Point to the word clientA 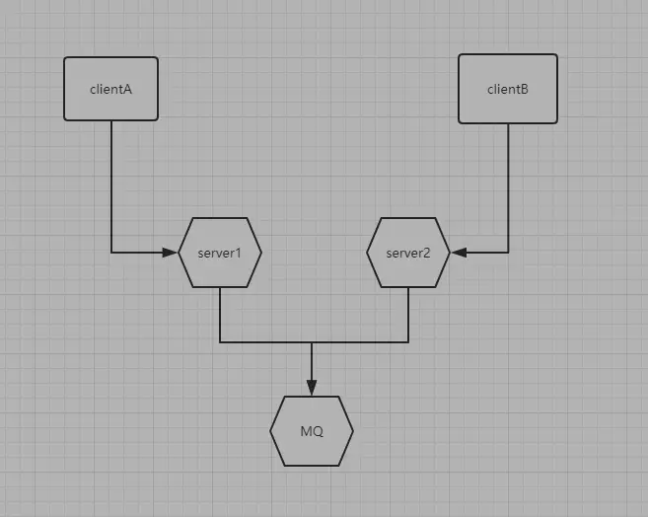[110, 89]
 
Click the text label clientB [508, 89]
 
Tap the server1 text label [220, 253]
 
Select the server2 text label [407, 253]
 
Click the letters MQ [312, 431]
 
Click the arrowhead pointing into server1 [171, 253]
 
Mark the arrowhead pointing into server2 [458, 253]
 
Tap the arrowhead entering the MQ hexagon [312, 389]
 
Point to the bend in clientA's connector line [111, 253]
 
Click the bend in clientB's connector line [508, 253]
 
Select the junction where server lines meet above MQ [312, 342]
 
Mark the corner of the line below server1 [220, 342]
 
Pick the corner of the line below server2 [408, 342]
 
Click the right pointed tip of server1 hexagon [261, 253]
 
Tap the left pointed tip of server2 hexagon [367, 253]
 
